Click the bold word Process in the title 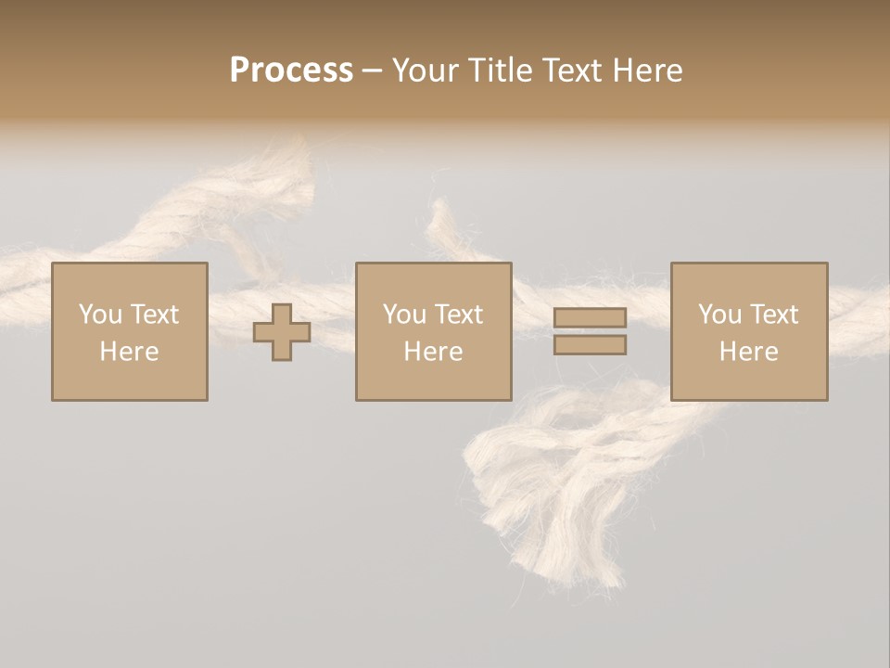[291, 71]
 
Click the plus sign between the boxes [282, 332]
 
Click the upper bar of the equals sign [590, 317]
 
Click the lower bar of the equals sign [590, 345]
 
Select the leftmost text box [129, 331]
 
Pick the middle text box [433, 331]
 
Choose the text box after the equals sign [748, 331]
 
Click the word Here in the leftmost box [129, 352]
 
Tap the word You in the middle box [404, 315]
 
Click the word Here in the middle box [433, 352]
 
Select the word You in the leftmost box [100, 315]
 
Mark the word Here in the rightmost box [748, 352]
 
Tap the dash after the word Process [372, 71]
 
